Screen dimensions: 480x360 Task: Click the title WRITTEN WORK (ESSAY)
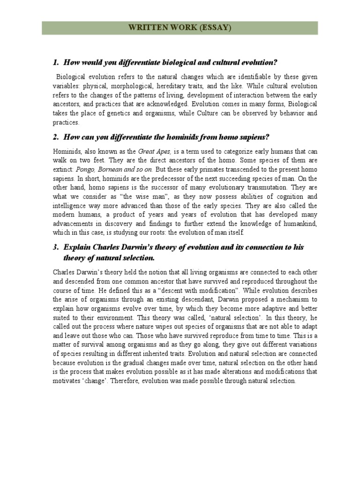(180, 28)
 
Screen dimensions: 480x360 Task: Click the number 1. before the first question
(55, 62)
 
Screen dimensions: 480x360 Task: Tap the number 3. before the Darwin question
(55, 247)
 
